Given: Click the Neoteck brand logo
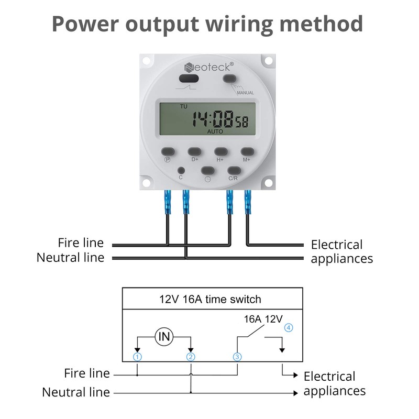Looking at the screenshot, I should point(209,68).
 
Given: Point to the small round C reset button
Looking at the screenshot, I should point(181,170).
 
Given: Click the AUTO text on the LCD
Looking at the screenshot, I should point(215,131).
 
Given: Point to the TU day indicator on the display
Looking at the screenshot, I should point(183,106).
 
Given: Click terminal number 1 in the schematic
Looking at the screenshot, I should point(137,357).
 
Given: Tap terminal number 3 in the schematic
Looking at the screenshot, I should point(237,357).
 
